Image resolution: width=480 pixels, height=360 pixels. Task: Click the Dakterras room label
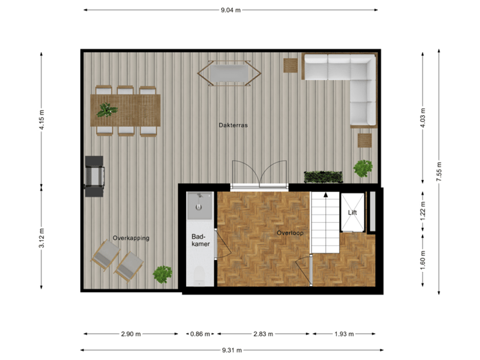click(x=233, y=125)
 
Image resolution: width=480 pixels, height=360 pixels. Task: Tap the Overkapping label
click(x=131, y=238)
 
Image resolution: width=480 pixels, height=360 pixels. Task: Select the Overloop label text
click(x=291, y=233)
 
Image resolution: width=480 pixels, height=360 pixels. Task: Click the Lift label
click(x=353, y=213)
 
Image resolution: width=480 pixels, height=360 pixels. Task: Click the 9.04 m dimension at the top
click(x=231, y=10)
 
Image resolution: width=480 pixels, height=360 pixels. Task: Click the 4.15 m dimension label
click(x=42, y=120)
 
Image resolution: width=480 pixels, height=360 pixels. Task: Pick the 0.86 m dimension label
click(x=199, y=334)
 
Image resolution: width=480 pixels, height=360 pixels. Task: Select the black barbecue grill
click(x=94, y=176)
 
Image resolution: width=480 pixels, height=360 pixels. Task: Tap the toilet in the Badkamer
click(x=198, y=274)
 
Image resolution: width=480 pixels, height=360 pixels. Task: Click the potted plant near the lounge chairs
click(x=162, y=273)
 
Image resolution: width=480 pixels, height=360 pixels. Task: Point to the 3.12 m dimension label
click(x=42, y=237)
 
